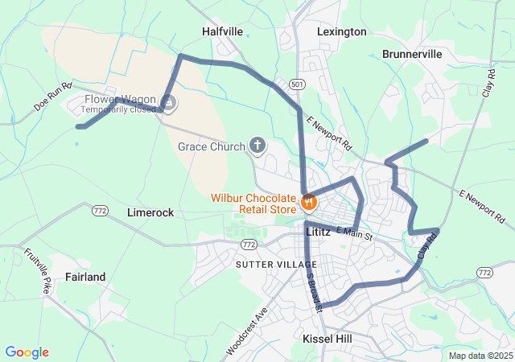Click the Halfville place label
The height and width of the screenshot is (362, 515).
tap(221, 31)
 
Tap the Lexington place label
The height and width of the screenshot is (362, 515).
tap(341, 31)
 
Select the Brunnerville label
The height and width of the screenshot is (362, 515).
tap(412, 54)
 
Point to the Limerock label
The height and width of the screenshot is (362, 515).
tap(150, 212)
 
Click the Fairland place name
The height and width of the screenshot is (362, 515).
tap(84, 277)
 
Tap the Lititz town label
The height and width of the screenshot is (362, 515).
tap(319, 231)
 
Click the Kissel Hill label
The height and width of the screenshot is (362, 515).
tap(327, 339)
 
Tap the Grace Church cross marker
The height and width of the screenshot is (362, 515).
tap(257, 146)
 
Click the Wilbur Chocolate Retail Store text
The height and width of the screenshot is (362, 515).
tap(254, 204)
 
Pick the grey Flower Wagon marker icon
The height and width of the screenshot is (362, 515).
tap(168, 103)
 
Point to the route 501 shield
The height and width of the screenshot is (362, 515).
tap(298, 84)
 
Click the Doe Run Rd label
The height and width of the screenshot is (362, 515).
tap(54, 95)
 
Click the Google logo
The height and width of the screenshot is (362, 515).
tap(27, 352)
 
